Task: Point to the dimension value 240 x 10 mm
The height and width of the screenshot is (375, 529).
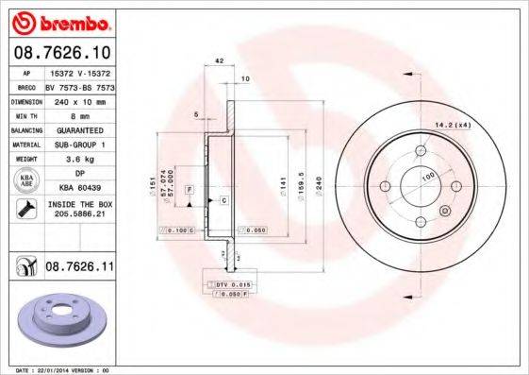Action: point(76,99)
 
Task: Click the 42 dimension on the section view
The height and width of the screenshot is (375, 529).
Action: point(219,60)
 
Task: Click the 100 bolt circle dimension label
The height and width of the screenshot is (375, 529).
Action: point(426,177)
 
